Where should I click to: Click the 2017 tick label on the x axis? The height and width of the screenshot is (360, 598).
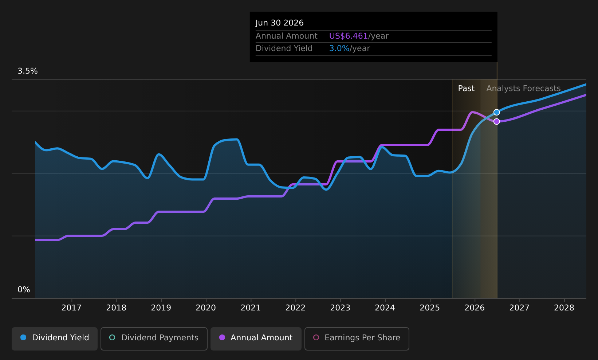[x=71, y=308]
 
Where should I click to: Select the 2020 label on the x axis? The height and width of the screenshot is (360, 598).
[x=206, y=308]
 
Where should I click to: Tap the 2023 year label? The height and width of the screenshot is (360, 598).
[x=340, y=308]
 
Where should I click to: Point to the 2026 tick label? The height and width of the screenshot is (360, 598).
[x=475, y=308]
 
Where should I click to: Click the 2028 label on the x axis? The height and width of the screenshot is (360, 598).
[x=564, y=308]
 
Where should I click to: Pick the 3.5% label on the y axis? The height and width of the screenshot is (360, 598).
[x=28, y=71]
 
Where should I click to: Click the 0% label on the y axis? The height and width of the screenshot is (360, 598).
[x=24, y=290]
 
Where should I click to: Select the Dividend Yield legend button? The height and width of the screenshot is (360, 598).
[x=55, y=338]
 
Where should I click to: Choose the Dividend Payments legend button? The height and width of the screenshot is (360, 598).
[x=154, y=338]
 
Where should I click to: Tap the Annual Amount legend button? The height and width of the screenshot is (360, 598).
[x=256, y=338]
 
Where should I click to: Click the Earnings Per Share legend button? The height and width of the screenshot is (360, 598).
[x=357, y=338]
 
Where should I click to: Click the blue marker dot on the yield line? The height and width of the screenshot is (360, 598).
[x=496, y=112]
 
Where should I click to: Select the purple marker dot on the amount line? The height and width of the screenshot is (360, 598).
[x=496, y=121]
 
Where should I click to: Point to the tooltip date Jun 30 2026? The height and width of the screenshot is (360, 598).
[x=279, y=23]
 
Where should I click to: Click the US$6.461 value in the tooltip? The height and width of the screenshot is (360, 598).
[x=348, y=36]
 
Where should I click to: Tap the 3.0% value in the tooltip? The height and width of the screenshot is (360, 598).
[x=339, y=48]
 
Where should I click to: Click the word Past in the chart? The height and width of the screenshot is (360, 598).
[x=466, y=89]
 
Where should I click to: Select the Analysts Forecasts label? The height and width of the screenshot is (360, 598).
[x=523, y=89]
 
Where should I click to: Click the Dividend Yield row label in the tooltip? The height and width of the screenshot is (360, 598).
[x=284, y=48]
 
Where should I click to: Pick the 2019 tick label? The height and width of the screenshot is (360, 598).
[x=161, y=308]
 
